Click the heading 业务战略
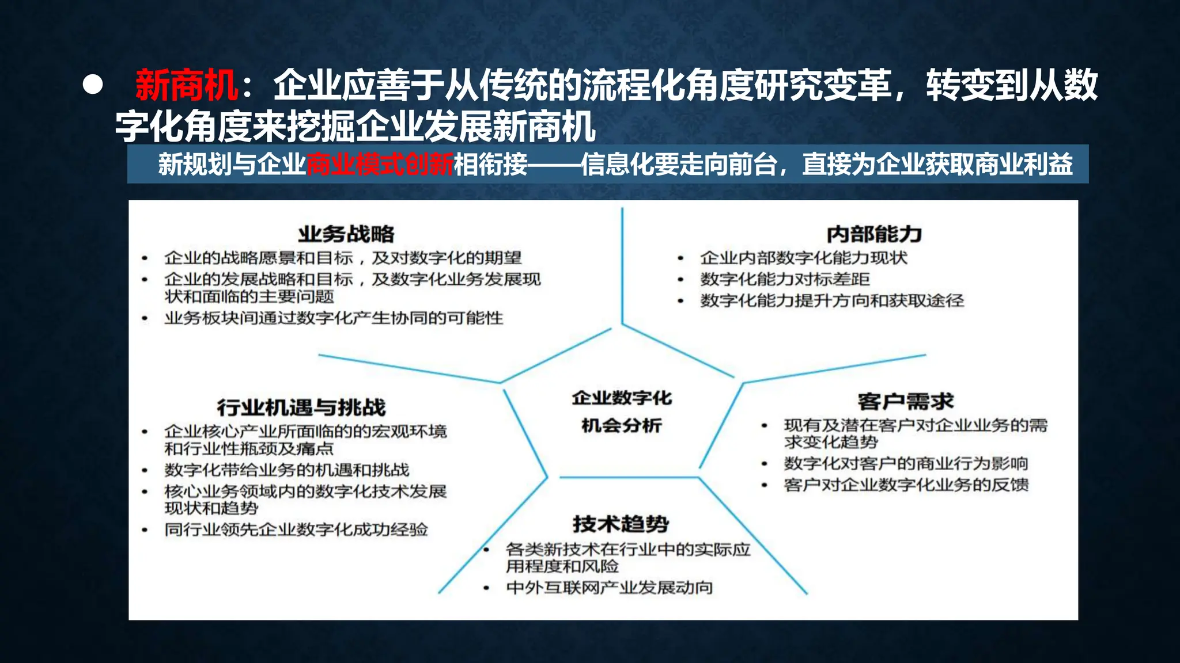346,234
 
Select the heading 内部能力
874,234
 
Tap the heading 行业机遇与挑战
301,407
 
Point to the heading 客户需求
905,401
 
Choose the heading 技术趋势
621,524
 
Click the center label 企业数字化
622,398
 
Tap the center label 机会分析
622,425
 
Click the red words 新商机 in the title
186,86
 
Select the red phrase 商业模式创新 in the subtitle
380,165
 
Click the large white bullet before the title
93,85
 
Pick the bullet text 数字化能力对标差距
785,279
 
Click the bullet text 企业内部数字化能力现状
804,258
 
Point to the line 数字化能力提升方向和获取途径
832,300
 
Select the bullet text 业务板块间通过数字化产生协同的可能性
334,318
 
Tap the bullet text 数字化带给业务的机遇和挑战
287,470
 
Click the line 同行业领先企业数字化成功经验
296,529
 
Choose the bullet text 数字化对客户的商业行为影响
906,463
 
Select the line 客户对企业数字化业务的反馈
906,485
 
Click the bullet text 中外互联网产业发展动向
610,588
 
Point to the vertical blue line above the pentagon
622,265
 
